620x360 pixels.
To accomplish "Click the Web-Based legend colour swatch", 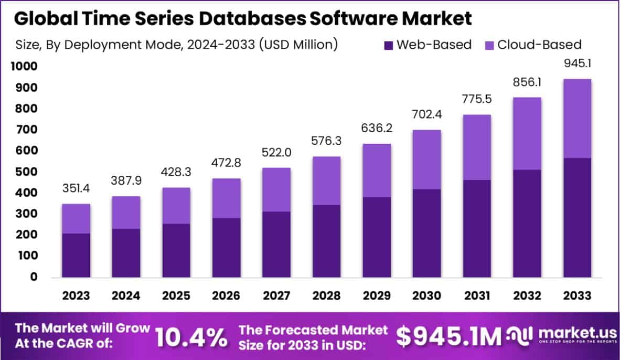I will click(388, 45).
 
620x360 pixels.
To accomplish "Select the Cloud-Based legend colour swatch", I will click(489, 45).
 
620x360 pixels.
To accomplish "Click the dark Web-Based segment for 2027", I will click(276, 244).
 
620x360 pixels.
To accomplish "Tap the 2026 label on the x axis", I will click(226, 296).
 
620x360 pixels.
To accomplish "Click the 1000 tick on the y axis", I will click(23, 67).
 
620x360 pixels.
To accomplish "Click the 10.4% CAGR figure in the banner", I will click(191, 337).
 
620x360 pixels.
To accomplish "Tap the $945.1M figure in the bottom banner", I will click(449, 337).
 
